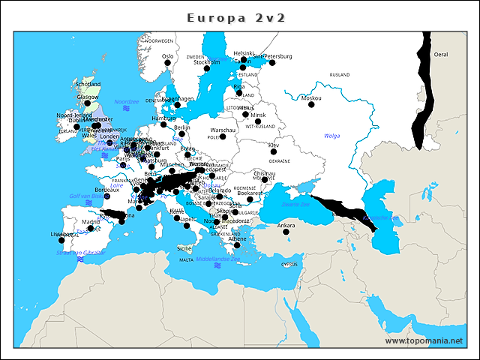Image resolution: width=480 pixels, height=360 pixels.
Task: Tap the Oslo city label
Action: [x=168, y=55]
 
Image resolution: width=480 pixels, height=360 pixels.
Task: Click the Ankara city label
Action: [x=286, y=225]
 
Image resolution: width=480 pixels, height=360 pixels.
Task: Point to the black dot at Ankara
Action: [x=286, y=232]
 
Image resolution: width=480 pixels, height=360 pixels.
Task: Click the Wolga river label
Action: [x=332, y=136]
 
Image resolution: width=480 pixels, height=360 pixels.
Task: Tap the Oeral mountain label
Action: [x=441, y=55]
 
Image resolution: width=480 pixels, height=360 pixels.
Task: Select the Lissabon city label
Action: [x=62, y=234]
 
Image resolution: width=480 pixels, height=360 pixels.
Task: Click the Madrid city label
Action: [x=91, y=222]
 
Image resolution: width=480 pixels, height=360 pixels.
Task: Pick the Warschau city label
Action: [x=223, y=130]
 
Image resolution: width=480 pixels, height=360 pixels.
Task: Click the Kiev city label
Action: [x=274, y=145]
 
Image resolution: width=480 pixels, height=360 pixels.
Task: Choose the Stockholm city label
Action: [x=207, y=62]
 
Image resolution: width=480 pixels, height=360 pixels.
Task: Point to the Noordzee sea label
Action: [x=127, y=101]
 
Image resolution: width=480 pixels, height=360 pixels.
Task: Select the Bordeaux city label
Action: [x=107, y=190]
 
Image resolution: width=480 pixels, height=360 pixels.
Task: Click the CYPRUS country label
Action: [x=289, y=264]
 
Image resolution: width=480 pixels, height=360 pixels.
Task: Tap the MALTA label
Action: [x=186, y=260]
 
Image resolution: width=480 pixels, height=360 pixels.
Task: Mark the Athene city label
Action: [x=237, y=238]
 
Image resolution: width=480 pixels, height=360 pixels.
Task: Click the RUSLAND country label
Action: [x=340, y=75]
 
